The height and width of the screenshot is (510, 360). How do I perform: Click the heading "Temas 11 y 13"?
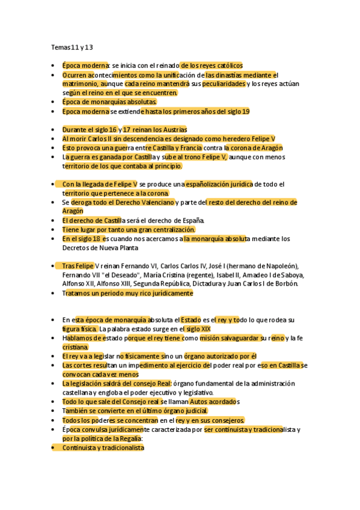72,46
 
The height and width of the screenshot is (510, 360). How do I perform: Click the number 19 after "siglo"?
245,112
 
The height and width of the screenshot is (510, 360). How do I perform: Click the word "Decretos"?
75,248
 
